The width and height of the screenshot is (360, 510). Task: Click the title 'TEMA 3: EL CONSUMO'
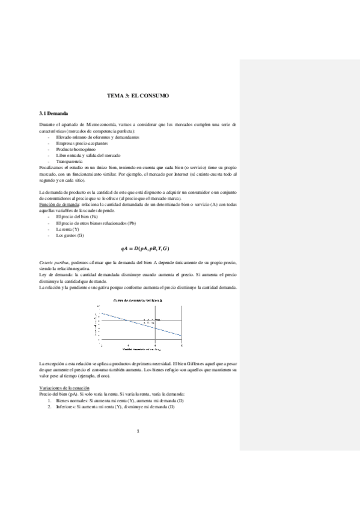click(138, 96)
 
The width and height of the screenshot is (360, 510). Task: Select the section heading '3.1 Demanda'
click(53, 113)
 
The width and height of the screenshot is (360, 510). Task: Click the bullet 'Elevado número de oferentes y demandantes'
click(97, 137)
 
